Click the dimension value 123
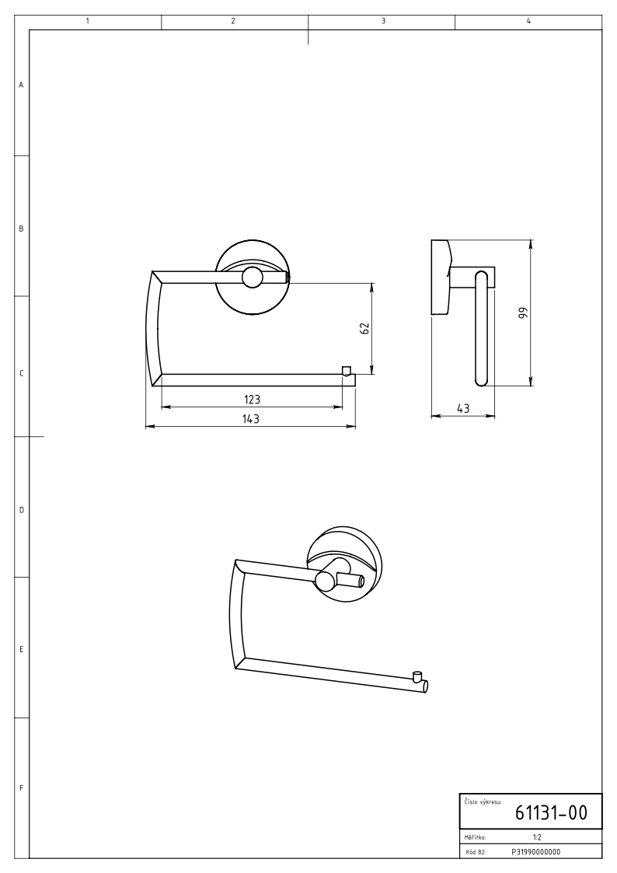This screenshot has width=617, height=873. (x=252, y=400)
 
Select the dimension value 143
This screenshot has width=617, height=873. (x=251, y=419)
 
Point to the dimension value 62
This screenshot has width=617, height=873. (x=365, y=329)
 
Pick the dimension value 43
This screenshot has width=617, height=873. (x=463, y=408)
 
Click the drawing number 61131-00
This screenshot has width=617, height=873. (x=550, y=812)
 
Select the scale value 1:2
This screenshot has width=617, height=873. (x=537, y=836)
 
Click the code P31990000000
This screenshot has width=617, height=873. (x=535, y=851)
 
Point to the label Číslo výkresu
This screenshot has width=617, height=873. (x=483, y=801)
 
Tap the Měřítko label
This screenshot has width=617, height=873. (x=475, y=836)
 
